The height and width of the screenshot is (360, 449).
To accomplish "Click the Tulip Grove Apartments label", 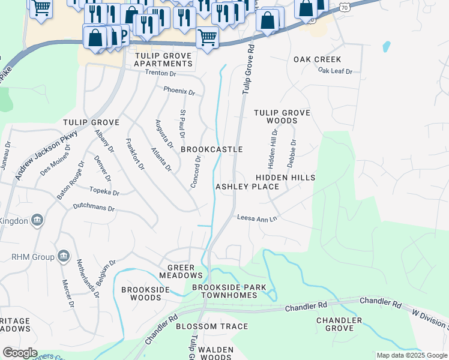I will click(x=163, y=59).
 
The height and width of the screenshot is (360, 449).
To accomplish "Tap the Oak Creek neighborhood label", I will click(x=317, y=59).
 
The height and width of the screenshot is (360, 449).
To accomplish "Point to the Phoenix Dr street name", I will click(x=179, y=92).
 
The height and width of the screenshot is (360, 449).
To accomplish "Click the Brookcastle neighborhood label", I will click(x=212, y=149).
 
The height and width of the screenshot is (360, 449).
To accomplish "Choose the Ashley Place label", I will click(x=247, y=187).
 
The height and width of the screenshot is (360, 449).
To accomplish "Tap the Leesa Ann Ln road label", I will click(x=257, y=218).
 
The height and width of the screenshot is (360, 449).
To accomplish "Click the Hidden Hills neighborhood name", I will click(x=285, y=178).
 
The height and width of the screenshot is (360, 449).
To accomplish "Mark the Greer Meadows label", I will click(x=181, y=271).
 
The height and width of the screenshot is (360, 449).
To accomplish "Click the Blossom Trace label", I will click(x=212, y=326).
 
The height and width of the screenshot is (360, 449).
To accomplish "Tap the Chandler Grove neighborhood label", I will click(x=339, y=324).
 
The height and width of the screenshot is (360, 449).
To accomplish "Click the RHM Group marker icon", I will click(x=63, y=257).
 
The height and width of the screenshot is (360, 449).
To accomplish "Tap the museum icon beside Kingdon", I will click(x=37, y=220).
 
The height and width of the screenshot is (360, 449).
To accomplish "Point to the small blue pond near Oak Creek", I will click(x=386, y=47).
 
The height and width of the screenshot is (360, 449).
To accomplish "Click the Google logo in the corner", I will click(x=19, y=353).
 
